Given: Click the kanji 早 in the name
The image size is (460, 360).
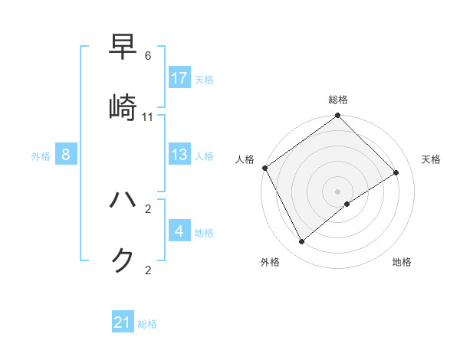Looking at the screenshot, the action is pos(123,48).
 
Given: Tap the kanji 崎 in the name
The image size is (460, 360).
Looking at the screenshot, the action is pos(123,108).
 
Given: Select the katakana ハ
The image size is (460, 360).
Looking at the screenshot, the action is pos(123,200).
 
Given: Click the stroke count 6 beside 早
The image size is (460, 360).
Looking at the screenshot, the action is pos(148,57).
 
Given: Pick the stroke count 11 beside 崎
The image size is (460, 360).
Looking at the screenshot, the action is pos(148,117).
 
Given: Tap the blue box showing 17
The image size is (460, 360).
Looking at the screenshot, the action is pos(179,78).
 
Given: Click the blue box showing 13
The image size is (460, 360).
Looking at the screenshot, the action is pos(179,155).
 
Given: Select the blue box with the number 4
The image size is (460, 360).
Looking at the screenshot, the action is pos(179,231).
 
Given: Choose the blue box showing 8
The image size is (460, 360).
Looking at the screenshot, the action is pos(66,155).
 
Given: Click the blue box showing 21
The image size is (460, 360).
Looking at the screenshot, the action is pos(123,323).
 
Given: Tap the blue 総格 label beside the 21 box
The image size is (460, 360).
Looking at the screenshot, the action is pos(147,324).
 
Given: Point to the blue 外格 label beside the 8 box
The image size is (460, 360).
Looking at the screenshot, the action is pos(41,155).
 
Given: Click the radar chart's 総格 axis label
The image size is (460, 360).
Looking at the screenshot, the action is pos(338,100).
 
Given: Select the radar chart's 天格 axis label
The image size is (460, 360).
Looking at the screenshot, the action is pos(432,159).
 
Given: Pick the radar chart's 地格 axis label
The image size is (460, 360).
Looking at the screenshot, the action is pos(402,262).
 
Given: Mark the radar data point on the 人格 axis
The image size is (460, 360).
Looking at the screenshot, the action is pos(264,168).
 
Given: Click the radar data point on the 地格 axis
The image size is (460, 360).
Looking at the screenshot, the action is pos(347,204).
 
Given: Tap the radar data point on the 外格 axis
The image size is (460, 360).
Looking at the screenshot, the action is pos(302,242).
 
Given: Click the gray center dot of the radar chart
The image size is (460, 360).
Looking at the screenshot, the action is pos(338,191).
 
